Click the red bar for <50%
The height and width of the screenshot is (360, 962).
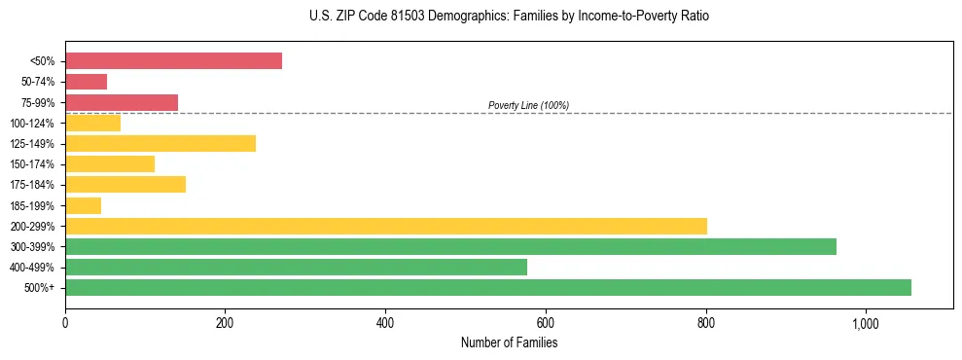tap(173, 61)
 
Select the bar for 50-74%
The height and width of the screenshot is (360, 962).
tap(86, 82)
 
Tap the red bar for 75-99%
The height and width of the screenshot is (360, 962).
tap(122, 102)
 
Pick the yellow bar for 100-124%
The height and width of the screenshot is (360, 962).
tap(92, 123)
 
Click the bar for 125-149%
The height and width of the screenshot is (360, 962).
tap(160, 143)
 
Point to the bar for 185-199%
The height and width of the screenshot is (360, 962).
tap(83, 205)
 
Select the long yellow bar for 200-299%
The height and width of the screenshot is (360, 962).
tap(386, 226)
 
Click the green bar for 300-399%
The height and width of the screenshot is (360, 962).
tap(450, 246)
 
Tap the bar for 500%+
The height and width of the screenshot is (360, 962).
tap(488, 287)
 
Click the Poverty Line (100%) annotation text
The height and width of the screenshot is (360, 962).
tap(528, 105)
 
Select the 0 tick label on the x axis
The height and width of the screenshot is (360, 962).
tap(65, 323)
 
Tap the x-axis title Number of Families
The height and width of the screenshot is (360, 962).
tap(509, 342)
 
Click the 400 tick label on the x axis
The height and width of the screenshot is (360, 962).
tap(385, 323)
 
